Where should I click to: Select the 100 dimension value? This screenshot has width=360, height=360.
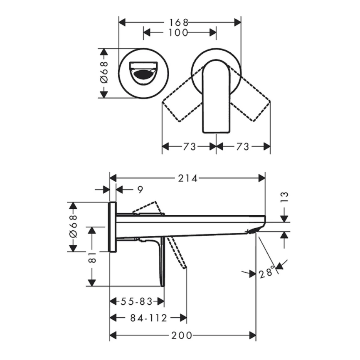point(180,32)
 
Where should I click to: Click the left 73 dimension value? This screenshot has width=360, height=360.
point(189,146)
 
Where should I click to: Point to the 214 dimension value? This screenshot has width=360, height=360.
point(188,178)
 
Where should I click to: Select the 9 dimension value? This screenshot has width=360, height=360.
point(140,190)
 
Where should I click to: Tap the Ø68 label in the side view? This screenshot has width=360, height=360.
point(73,227)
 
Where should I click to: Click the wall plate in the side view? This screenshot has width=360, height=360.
point(112,227)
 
